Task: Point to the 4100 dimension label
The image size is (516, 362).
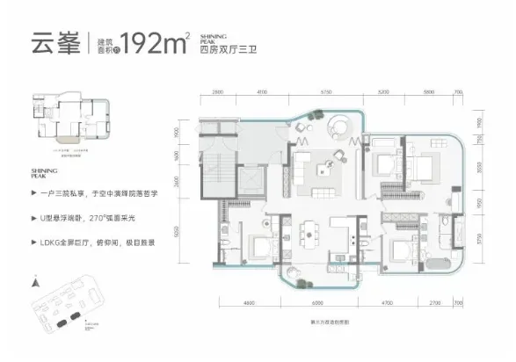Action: coord(261,90)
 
